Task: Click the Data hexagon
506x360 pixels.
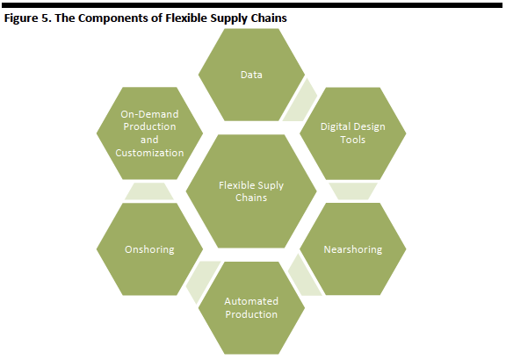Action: (x=251, y=75)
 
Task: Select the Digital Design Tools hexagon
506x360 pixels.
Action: (x=353, y=133)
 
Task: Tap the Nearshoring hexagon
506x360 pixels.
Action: (x=353, y=249)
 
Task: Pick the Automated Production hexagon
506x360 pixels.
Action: (x=251, y=307)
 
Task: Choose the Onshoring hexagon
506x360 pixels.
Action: (x=149, y=249)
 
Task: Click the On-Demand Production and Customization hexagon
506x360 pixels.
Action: (x=149, y=133)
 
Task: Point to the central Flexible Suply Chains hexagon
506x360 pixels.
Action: (x=251, y=191)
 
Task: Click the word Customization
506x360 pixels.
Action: (x=149, y=153)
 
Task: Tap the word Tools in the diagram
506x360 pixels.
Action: (x=353, y=140)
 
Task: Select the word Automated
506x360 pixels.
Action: (x=251, y=301)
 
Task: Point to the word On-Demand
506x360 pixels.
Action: (x=149, y=114)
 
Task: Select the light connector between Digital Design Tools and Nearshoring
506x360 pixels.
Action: (x=353, y=191)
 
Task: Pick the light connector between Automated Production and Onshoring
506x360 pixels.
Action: (x=202, y=280)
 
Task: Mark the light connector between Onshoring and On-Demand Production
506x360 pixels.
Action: (x=149, y=191)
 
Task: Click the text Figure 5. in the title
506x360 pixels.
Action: (x=27, y=18)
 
